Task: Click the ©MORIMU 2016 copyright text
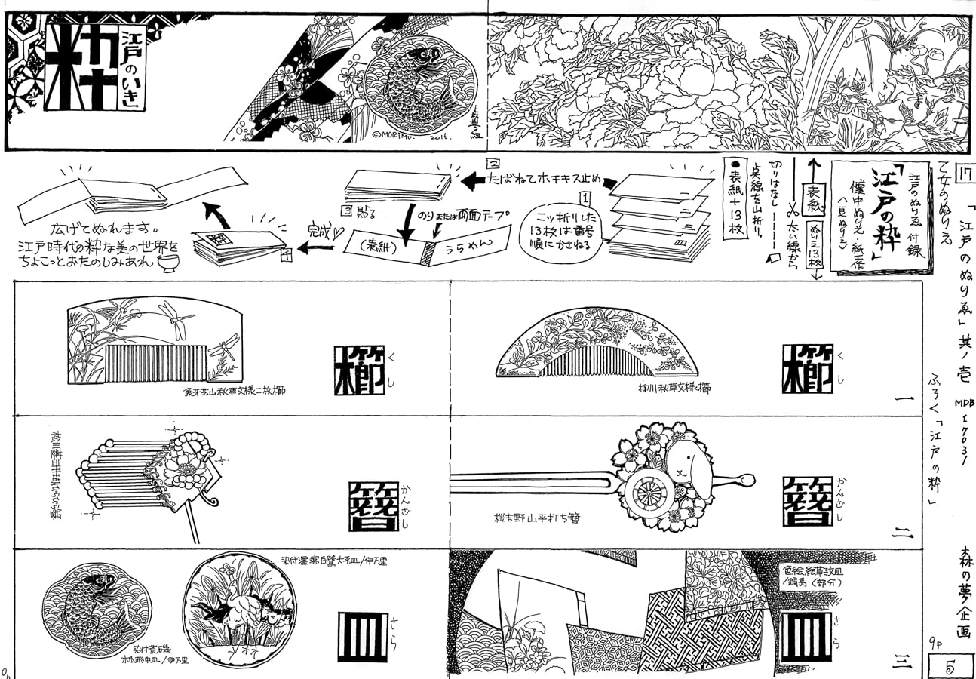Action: pyautogui.click(x=410, y=137)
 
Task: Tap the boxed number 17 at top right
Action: pyautogui.click(x=963, y=174)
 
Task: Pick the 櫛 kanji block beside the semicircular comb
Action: pyautogui.click(x=807, y=368)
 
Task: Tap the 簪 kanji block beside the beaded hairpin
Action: pyautogui.click(x=373, y=505)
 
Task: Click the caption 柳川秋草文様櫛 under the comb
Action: pyautogui.click(x=674, y=388)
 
